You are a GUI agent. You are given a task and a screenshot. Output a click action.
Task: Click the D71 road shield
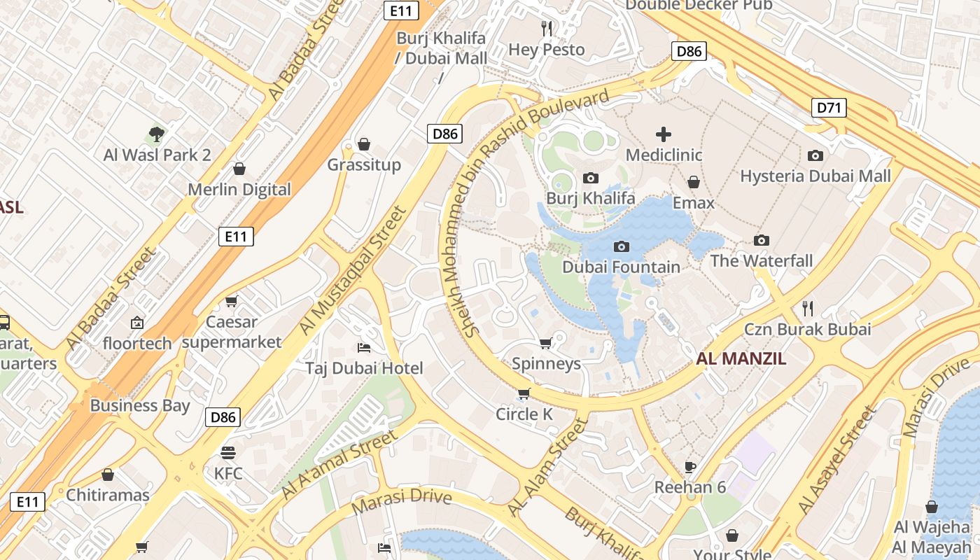coord(829,108)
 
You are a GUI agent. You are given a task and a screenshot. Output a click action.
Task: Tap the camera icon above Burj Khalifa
coord(591,178)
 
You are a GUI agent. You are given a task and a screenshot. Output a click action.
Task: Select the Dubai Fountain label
coord(621,267)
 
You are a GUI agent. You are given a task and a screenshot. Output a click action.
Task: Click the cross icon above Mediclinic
coord(664,134)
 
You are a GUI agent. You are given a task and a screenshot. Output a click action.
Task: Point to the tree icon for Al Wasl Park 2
coord(157,134)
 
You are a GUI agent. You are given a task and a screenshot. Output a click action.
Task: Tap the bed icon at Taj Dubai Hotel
coord(363,347)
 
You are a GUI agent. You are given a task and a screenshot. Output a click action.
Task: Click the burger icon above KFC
coord(228,452)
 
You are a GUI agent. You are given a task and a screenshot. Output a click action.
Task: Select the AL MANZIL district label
coord(741,359)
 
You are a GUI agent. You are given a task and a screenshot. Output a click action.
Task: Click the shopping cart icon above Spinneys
coord(546,343)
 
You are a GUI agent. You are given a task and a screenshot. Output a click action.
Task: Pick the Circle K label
coord(524,414)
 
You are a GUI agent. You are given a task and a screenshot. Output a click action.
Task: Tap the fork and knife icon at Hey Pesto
coord(547,28)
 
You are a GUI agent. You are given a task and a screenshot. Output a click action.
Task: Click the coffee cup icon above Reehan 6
coord(689,466)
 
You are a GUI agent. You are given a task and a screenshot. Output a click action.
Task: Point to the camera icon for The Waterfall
coord(762,240)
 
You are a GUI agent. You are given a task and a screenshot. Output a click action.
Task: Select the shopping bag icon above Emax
coord(693,182)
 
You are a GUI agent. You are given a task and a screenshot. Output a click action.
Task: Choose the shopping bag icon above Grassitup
coord(363,144)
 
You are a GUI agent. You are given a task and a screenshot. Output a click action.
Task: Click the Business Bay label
coord(140,405)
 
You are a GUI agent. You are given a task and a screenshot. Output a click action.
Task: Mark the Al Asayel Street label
coord(837,460)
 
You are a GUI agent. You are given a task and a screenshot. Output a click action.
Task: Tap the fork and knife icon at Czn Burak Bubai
coord(807,308)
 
